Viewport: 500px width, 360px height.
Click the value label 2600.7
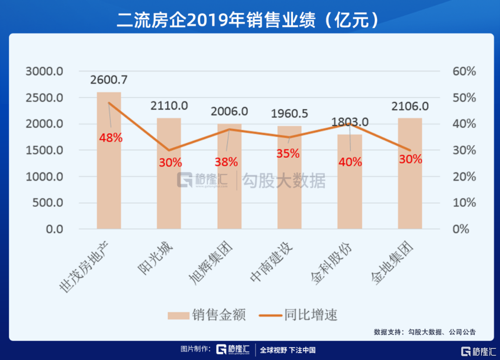[109, 80]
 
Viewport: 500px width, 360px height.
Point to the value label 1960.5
[289, 114]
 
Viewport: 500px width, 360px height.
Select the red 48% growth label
[111, 138]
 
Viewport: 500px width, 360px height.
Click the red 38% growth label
[226, 162]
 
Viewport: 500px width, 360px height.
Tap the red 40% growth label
[350, 162]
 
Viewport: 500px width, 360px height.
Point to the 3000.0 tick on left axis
[44, 72]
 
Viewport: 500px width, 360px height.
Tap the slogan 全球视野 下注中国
[287, 350]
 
